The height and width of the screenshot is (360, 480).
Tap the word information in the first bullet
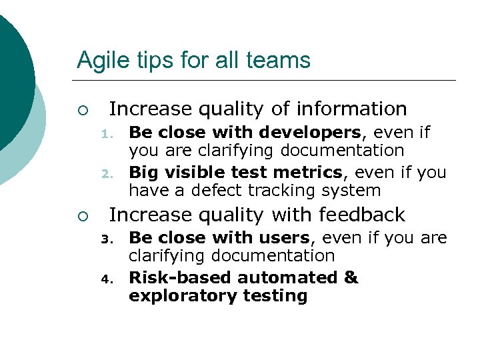coord(352,109)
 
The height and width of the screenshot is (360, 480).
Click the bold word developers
coord(311,133)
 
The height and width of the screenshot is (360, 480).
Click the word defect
coord(217,191)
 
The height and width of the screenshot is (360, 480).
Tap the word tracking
coord(283,191)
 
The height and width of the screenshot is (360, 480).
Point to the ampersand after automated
coord(351,278)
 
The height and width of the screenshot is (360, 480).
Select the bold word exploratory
coord(175,296)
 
